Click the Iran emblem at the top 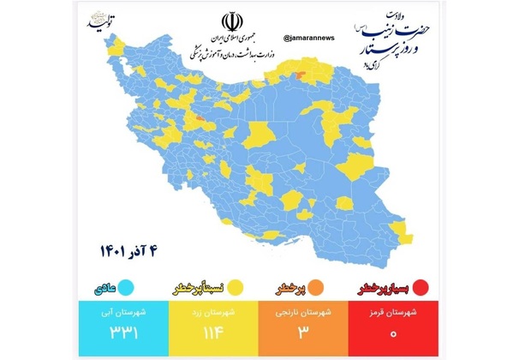pos(232,21)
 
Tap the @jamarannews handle pos(308,38)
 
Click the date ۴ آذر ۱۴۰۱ pos(134,253)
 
